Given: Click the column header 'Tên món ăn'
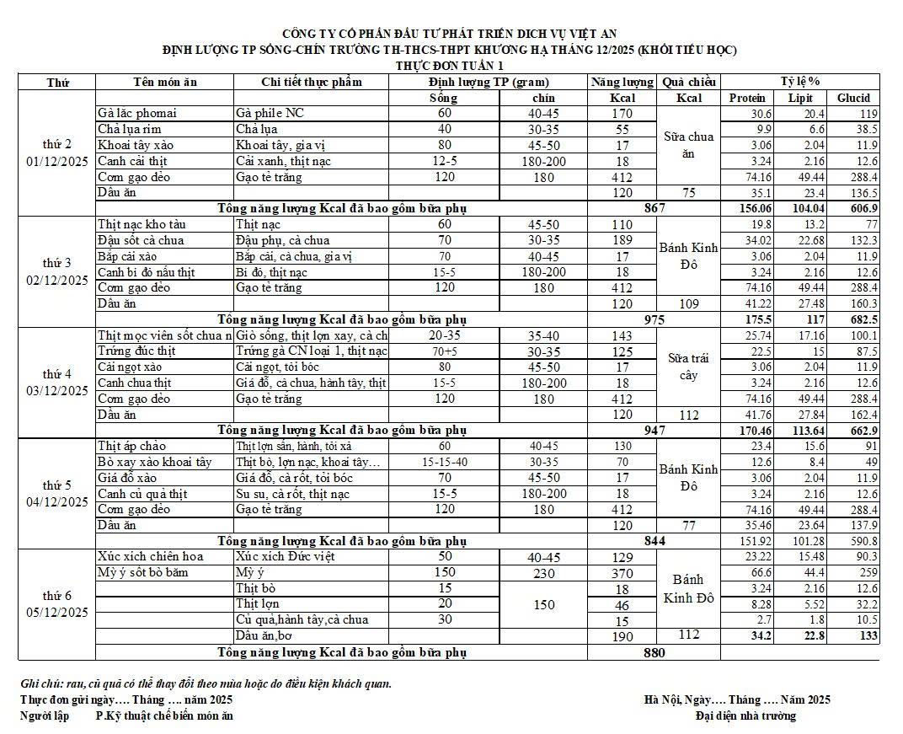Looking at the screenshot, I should [165, 82].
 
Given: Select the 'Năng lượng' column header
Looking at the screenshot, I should [622, 82].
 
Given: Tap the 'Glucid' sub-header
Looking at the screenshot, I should [853, 98].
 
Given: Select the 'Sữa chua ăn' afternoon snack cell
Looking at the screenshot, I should [688, 145].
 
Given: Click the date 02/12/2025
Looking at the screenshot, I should [57, 280].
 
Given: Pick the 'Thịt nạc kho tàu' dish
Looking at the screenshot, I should [142, 225].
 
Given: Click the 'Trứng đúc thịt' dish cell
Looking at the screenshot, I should [136, 351].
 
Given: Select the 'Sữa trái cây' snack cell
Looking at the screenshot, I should [688, 367].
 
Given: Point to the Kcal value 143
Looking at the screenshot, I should [622, 335].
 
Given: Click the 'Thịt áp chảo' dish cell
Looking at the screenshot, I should [132, 446].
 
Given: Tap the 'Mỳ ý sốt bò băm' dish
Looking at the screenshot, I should [143, 573].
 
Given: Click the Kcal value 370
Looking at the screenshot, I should [622, 573].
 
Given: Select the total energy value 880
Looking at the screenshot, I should [654, 652].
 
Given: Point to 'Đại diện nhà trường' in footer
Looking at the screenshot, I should [745, 716].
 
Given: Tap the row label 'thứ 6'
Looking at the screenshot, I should [57, 596].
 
